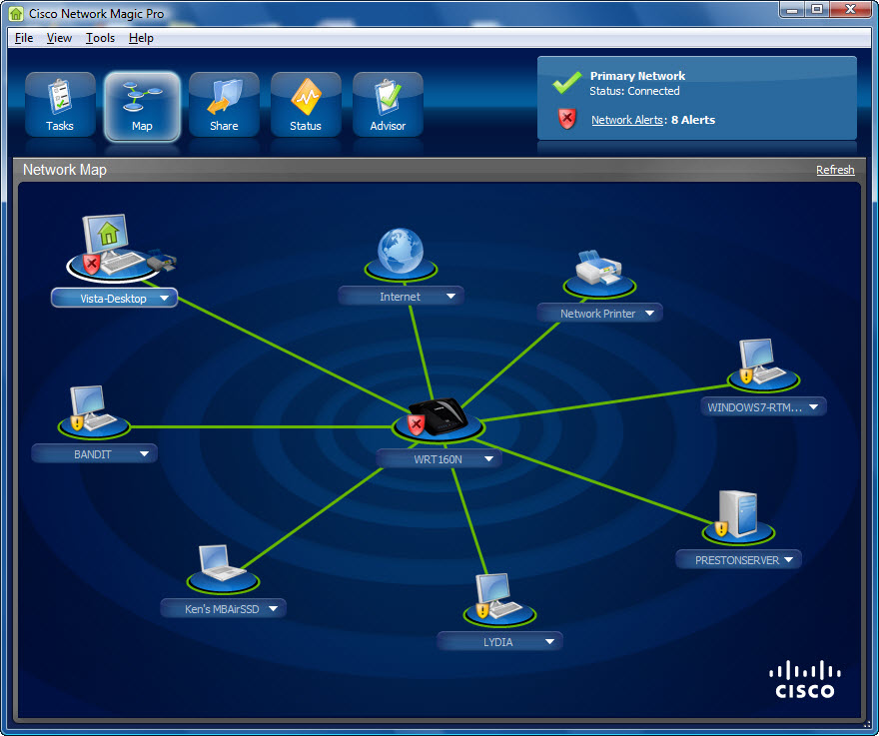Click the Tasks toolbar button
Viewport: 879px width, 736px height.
[60, 105]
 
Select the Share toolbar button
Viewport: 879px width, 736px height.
[224, 105]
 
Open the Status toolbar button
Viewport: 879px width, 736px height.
[306, 105]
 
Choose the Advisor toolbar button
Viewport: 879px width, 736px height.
[388, 105]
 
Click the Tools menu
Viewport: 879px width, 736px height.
[100, 38]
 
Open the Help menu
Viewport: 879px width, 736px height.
[141, 38]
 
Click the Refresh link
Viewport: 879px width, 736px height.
[835, 170]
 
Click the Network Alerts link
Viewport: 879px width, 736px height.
[626, 120]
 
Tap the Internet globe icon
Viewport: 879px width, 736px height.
[401, 252]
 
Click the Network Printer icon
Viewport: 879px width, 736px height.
[599, 271]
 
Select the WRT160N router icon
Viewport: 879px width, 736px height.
[439, 414]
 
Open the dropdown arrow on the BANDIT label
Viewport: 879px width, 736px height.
[144, 453]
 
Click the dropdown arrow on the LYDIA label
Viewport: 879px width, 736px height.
[549, 642]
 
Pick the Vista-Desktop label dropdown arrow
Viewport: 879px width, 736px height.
[164, 298]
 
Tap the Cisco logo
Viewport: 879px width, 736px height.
[804, 679]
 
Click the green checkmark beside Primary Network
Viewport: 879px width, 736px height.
[567, 82]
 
